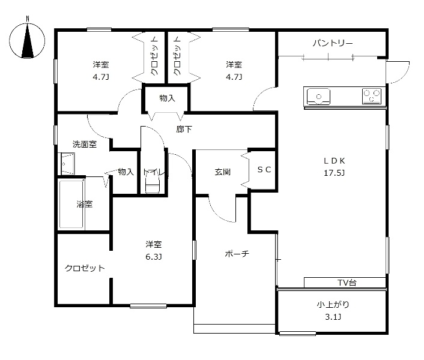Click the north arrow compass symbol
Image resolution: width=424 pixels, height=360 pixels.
tap(27, 41)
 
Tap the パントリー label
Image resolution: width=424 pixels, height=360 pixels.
tap(333, 43)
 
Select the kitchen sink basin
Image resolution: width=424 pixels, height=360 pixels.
tap(318, 97)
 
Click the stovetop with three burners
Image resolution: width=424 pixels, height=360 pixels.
tap(372, 96)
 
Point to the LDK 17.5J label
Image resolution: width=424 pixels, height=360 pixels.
tap(335, 167)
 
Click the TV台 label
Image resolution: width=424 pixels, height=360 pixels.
tap(347, 283)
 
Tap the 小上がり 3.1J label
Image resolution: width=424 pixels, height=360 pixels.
tap(333, 310)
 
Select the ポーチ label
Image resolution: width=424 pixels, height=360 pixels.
tap(237, 254)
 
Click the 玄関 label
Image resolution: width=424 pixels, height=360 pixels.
tap(223, 172)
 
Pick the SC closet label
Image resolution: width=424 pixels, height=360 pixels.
tap(264, 170)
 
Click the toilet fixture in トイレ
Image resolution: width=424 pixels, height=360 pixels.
tap(152, 183)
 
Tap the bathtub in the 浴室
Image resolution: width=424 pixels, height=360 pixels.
tap(71, 204)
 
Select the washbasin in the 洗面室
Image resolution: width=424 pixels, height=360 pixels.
tap(67, 164)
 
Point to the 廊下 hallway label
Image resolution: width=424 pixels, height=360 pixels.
tap(184, 130)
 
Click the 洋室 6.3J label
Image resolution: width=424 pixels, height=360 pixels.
tap(154, 250)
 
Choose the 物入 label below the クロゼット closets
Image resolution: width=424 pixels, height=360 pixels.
tap(167, 98)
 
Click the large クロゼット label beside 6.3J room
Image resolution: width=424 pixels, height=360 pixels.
tap(85, 268)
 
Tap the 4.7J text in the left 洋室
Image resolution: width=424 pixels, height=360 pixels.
tap(101, 77)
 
